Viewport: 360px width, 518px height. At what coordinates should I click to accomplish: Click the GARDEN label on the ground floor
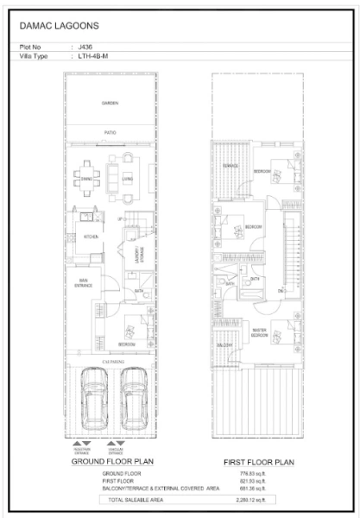[110, 104]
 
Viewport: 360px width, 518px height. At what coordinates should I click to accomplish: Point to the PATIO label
[110, 132]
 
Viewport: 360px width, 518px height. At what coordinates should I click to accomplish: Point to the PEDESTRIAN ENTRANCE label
[79, 451]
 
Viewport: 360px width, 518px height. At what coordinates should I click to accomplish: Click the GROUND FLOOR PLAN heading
[111, 463]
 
